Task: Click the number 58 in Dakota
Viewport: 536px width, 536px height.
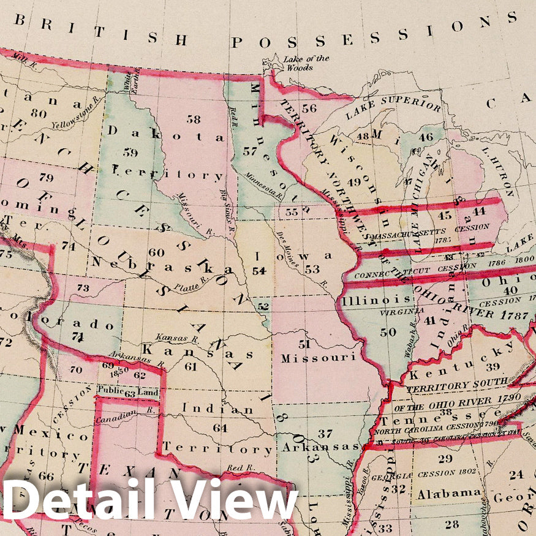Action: coord(194,119)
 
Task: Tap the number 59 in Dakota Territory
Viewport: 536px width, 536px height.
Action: coord(130,152)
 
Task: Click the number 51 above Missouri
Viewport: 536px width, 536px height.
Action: coord(305,344)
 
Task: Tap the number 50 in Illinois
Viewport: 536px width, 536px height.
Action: coord(387,332)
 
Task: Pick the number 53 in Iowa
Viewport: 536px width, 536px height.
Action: coord(312,270)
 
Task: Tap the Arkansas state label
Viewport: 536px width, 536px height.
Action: coord(320,447)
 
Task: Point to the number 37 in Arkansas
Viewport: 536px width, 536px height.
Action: coord(325,434)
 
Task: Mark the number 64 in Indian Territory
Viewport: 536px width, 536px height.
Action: coord(220,428)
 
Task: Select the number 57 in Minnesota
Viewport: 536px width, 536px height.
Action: coord(249,151)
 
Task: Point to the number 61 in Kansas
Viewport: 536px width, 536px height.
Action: coord(191,366)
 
